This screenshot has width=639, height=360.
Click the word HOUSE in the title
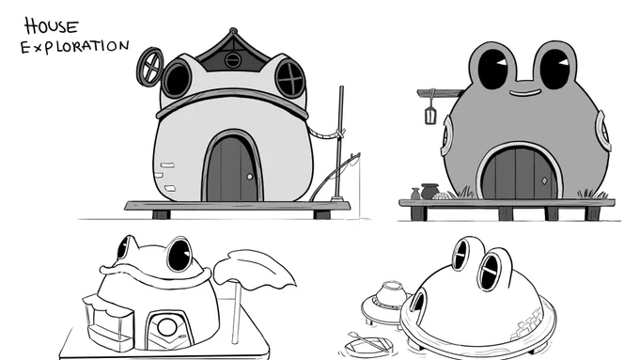[51, 26]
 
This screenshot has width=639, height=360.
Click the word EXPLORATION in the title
[75, 46]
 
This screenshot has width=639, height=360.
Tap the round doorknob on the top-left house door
[250, 177]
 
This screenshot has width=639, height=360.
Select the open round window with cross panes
[150, 67]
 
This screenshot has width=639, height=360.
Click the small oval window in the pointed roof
[233, 60]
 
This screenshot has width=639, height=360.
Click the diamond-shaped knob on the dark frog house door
[544, 180]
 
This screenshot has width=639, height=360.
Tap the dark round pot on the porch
[429, 191]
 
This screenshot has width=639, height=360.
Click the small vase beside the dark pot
[415, 194]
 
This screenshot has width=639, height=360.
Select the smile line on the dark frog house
[525, 94]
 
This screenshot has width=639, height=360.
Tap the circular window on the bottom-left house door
[166, 327]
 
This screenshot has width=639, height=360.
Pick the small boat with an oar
[366, 345]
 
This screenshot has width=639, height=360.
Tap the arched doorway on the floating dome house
[417, 302]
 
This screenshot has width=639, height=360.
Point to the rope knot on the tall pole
[339, 133]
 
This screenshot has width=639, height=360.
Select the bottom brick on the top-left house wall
[170, 188]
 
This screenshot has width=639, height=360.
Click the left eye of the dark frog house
[493, 69]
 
